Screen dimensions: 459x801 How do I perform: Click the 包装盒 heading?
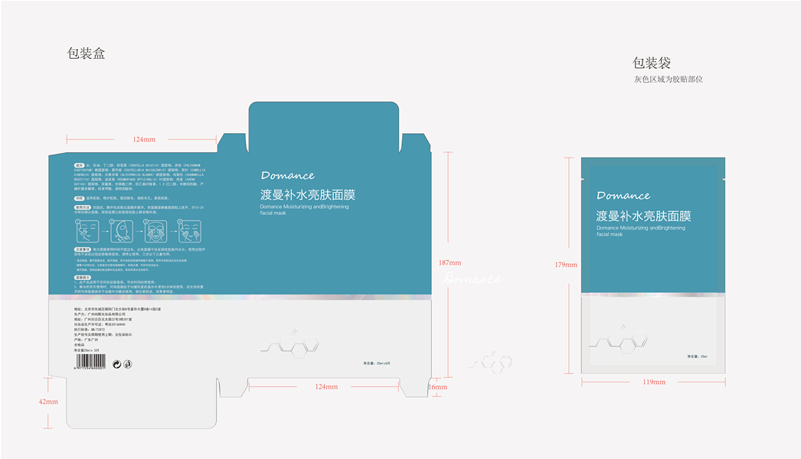point(87,54)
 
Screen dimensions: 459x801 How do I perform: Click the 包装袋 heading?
point(652,63)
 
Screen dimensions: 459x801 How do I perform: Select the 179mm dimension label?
point(566,265)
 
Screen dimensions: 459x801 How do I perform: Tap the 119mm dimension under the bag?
point(653,382)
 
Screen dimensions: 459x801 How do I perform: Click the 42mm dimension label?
point(48,402)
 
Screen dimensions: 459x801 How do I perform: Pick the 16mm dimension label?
point(437,387)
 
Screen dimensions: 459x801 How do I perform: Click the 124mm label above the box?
point(144,139)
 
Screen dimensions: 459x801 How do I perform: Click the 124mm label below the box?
point(326,387)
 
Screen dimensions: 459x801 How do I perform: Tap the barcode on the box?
point(90,364)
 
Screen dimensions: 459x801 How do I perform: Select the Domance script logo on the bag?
point(623,195)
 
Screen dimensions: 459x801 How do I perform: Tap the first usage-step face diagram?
point(86,230)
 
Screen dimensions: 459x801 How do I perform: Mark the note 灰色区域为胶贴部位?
point(668,79)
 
